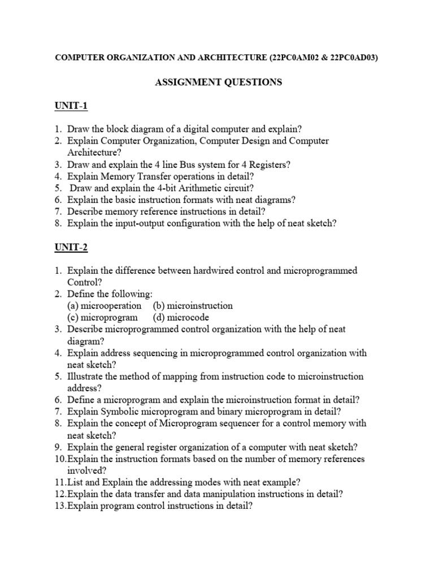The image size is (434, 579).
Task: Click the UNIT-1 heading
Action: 71,106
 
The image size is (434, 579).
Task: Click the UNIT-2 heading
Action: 71,247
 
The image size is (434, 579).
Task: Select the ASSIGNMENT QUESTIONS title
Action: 218,82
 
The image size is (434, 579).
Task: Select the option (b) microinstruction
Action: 193,305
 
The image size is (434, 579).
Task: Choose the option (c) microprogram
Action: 102,317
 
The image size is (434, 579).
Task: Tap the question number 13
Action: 60,505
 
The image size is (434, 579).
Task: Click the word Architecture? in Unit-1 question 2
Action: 94,153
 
